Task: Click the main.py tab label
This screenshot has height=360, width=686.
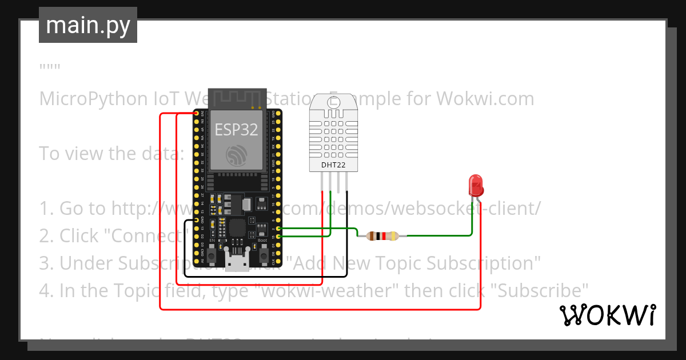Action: click(87, 25)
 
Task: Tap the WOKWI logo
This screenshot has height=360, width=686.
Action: click(607, 315)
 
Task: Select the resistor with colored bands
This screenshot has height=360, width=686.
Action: click(382, 235)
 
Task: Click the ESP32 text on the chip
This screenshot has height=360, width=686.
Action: click(236, 130)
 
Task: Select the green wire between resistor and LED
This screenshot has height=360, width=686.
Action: click(440, 234)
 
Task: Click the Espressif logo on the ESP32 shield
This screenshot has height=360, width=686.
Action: click(236, 155)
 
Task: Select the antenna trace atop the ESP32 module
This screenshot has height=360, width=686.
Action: click(236, 97)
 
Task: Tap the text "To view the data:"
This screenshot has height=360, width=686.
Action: click(111, 154)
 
